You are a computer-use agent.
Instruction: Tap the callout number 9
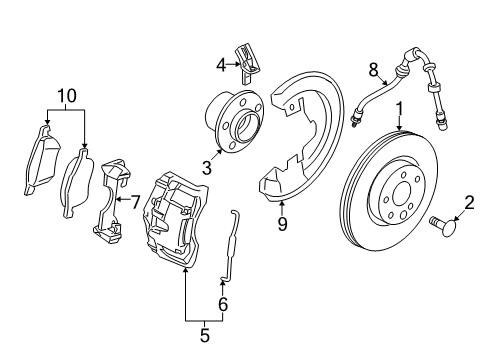(x=282, y=223)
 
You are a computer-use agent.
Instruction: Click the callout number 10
(x=66, y=95)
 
